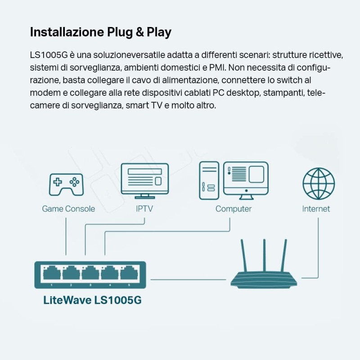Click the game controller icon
click(66, 184)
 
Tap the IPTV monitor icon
click(144, 180)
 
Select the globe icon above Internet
click(319, 184)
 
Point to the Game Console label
click(68, 209)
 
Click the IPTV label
click(144, 209)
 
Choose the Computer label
click(234, 209)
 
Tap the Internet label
click(316, 209)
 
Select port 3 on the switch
click(90, 273)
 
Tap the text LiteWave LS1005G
click(92, 300)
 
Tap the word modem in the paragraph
click(43, 93)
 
